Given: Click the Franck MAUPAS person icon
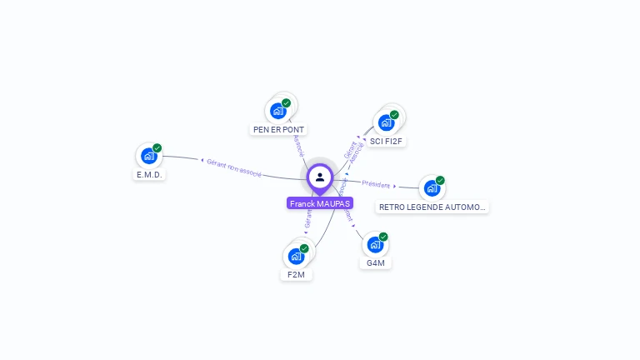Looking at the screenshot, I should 320,177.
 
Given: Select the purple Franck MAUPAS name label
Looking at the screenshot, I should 320,203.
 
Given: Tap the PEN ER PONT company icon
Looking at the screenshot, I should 277,111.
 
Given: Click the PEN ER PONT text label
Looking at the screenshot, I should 279,130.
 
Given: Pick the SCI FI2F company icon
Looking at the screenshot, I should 386,122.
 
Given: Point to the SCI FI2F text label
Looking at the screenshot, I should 387,142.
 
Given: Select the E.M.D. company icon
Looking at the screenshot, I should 148,156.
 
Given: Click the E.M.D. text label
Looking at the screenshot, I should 150,175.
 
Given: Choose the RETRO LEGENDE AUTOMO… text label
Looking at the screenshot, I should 432,207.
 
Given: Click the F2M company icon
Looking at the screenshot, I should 295,256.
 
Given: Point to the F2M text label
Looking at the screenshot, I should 296,275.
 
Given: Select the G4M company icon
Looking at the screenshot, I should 375,245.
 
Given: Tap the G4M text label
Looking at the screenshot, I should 376,263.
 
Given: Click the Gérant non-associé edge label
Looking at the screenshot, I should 234,167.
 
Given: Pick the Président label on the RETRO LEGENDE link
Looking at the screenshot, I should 377,184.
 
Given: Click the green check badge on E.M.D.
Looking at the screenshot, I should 157,148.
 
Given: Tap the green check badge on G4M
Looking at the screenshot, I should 383,237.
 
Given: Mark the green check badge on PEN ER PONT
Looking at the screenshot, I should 287,103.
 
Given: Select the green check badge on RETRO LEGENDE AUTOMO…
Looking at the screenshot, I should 440,180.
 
